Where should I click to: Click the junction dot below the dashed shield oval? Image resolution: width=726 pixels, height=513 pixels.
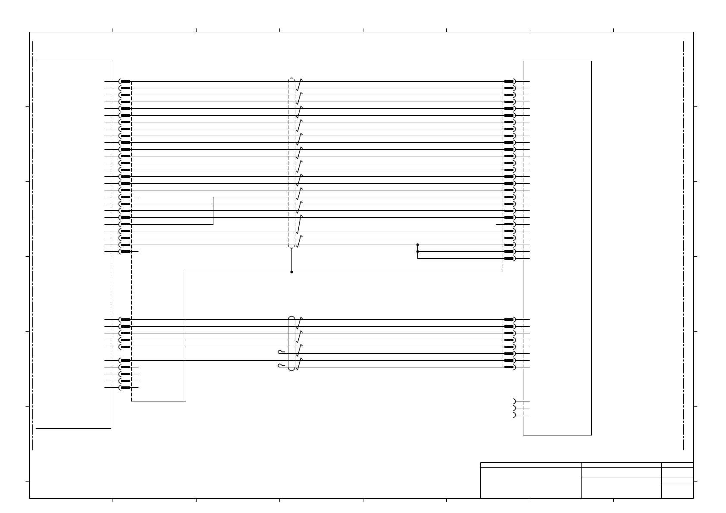click(x=291, y=272)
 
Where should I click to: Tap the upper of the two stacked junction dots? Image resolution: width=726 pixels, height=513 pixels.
click(x=417, y=245)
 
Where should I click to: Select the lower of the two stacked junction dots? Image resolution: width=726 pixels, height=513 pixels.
click(x=417, y=252)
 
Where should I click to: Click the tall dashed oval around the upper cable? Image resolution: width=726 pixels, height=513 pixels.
click(x=292, y=164)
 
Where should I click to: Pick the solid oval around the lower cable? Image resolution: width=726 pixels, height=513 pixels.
click(x=292, y=343)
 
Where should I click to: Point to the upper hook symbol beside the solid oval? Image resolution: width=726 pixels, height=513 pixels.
click(x=282, y=352)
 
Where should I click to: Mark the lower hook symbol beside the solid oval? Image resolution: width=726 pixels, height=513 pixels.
click(x=282, y=366)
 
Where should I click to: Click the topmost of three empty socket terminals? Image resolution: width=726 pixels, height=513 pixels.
click(x=514, y=401)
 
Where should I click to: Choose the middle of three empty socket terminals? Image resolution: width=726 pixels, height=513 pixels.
click(x=514, y=408)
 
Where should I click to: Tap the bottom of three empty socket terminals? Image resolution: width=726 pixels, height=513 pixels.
click(x=514, y=415)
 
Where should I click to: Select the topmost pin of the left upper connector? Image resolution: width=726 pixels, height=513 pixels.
click(x=125, y=81)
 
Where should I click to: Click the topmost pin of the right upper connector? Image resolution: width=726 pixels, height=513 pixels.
click(x=509, y=81)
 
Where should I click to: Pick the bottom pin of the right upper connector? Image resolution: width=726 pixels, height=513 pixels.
click(x=509, y=258)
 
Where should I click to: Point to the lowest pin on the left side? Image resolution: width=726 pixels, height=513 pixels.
click(x=125, y=388)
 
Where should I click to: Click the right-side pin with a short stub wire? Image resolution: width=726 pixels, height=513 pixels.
click(x=509, y=224)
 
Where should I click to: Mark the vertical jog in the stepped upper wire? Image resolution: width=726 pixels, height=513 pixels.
click(x=213, y=211)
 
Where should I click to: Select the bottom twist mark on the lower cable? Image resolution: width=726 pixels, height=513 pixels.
click(x=299, y=364)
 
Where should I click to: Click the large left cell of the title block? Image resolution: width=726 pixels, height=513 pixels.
click(x=530, y=483)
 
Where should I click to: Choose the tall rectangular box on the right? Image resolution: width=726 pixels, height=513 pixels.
click(x=557, y=248)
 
